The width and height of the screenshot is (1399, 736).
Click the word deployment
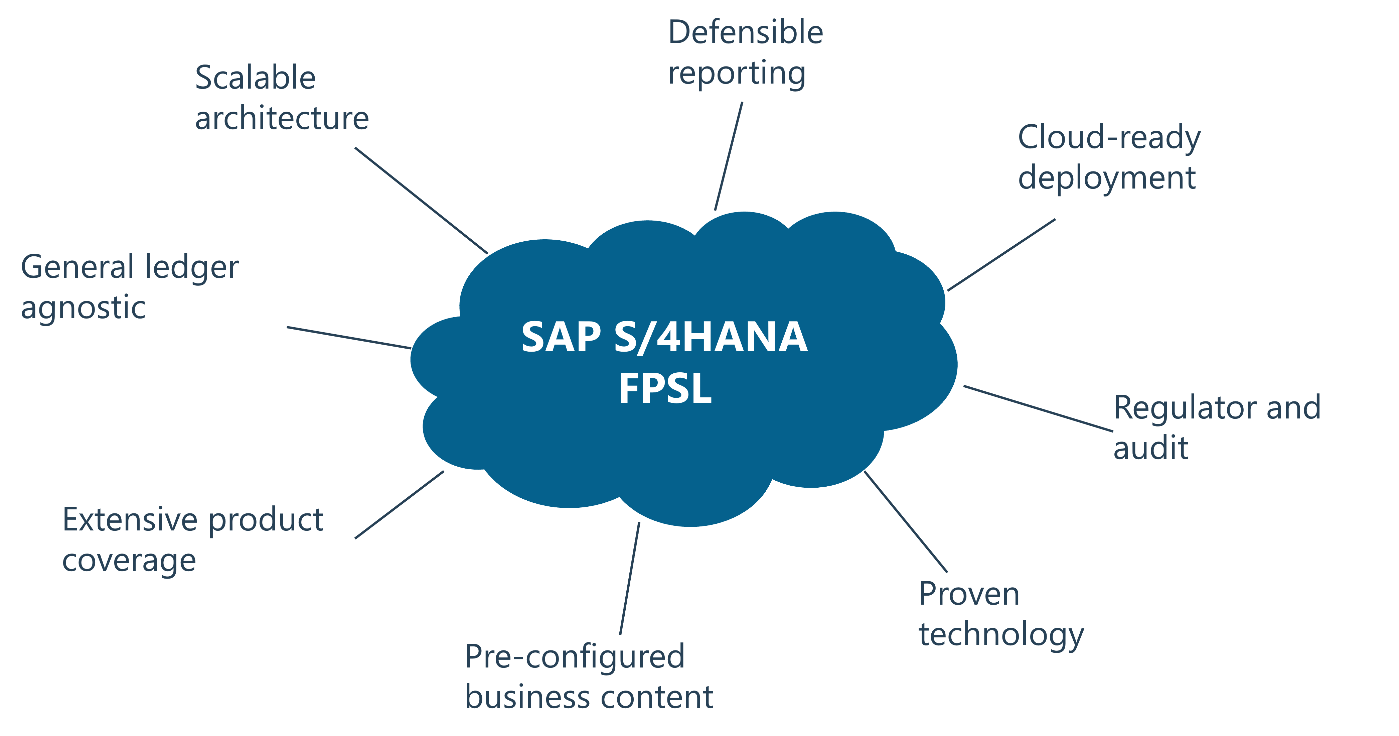coord(1106,178)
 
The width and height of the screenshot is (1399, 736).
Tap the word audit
coord(1150,448)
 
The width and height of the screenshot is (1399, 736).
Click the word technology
coord(1001,635)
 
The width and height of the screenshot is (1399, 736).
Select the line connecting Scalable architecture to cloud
coord(422,201)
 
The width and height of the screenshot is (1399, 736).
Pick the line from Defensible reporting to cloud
coord(728,156)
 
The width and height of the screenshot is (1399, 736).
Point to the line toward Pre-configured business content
coord(629,578)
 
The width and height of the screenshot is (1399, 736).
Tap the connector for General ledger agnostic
coord(349,338)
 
